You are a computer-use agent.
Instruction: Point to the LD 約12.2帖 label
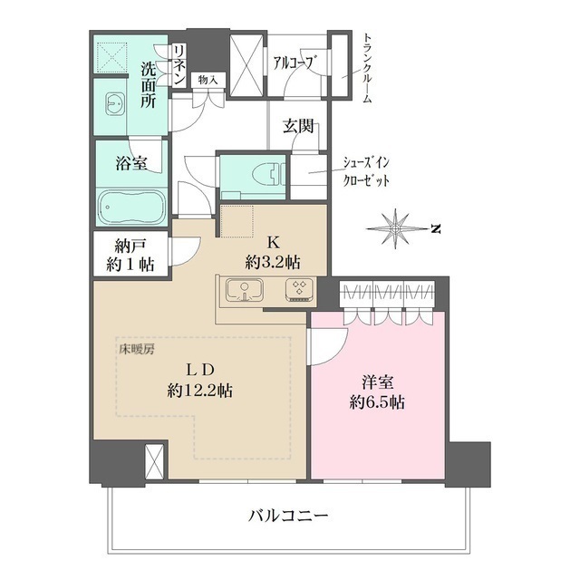tap(198, 381)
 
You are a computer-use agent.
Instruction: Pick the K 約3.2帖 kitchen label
tap(272, 253)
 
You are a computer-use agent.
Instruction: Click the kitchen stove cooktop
tap(298, 291)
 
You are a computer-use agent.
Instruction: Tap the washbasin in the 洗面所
tap(115, 103)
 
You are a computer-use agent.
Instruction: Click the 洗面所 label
tap(148, 84)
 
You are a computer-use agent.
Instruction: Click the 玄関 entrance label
tap(298, 127)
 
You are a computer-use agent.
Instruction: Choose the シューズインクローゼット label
tap(367, 169)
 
